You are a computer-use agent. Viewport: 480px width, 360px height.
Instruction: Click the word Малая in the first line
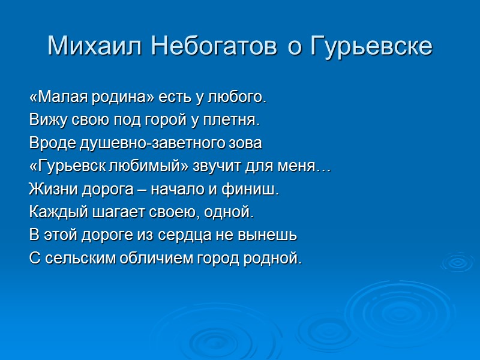click(x=55, y=97)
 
